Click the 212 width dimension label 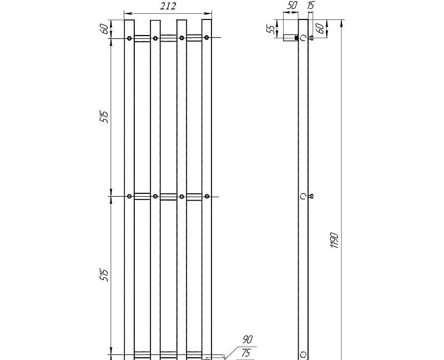coord(168,6)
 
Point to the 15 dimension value coord(310,6)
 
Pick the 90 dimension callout coord(248,339)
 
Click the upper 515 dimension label coord(104,117)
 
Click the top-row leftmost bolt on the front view coord(129,38)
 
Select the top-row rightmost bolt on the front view coord(206,38)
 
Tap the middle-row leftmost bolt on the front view coord(129,196)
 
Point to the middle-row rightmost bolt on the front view coord(206,196)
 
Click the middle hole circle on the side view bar coord(303,196)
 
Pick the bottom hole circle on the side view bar coord(303,354)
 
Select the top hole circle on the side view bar coord(303,38)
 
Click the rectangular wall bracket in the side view coord(290,38)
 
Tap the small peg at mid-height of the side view coord(311,196)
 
